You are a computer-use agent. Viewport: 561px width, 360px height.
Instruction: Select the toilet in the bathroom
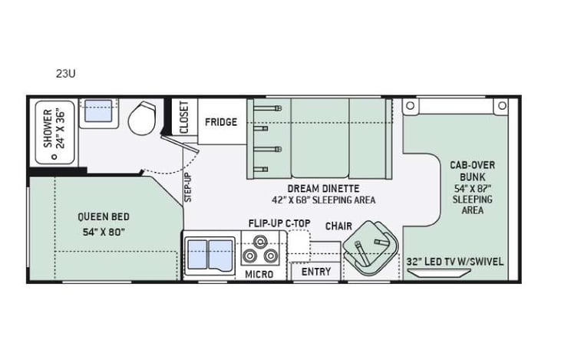coord(141,119)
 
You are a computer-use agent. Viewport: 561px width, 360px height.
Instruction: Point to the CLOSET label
coord(184,117)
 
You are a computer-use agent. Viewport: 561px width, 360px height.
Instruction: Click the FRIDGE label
coord(220,122)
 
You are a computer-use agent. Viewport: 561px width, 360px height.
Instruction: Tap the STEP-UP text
coord(187,187)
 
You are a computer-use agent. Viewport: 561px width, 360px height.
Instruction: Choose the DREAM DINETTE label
coord(323,188)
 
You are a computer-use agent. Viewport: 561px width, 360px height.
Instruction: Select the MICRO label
coord(259,274)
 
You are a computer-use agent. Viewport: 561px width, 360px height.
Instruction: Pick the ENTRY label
coord(315,272)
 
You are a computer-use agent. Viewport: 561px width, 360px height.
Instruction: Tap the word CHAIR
coord(338,226)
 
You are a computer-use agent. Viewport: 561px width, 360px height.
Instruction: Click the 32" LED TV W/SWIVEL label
coord(456,261)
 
